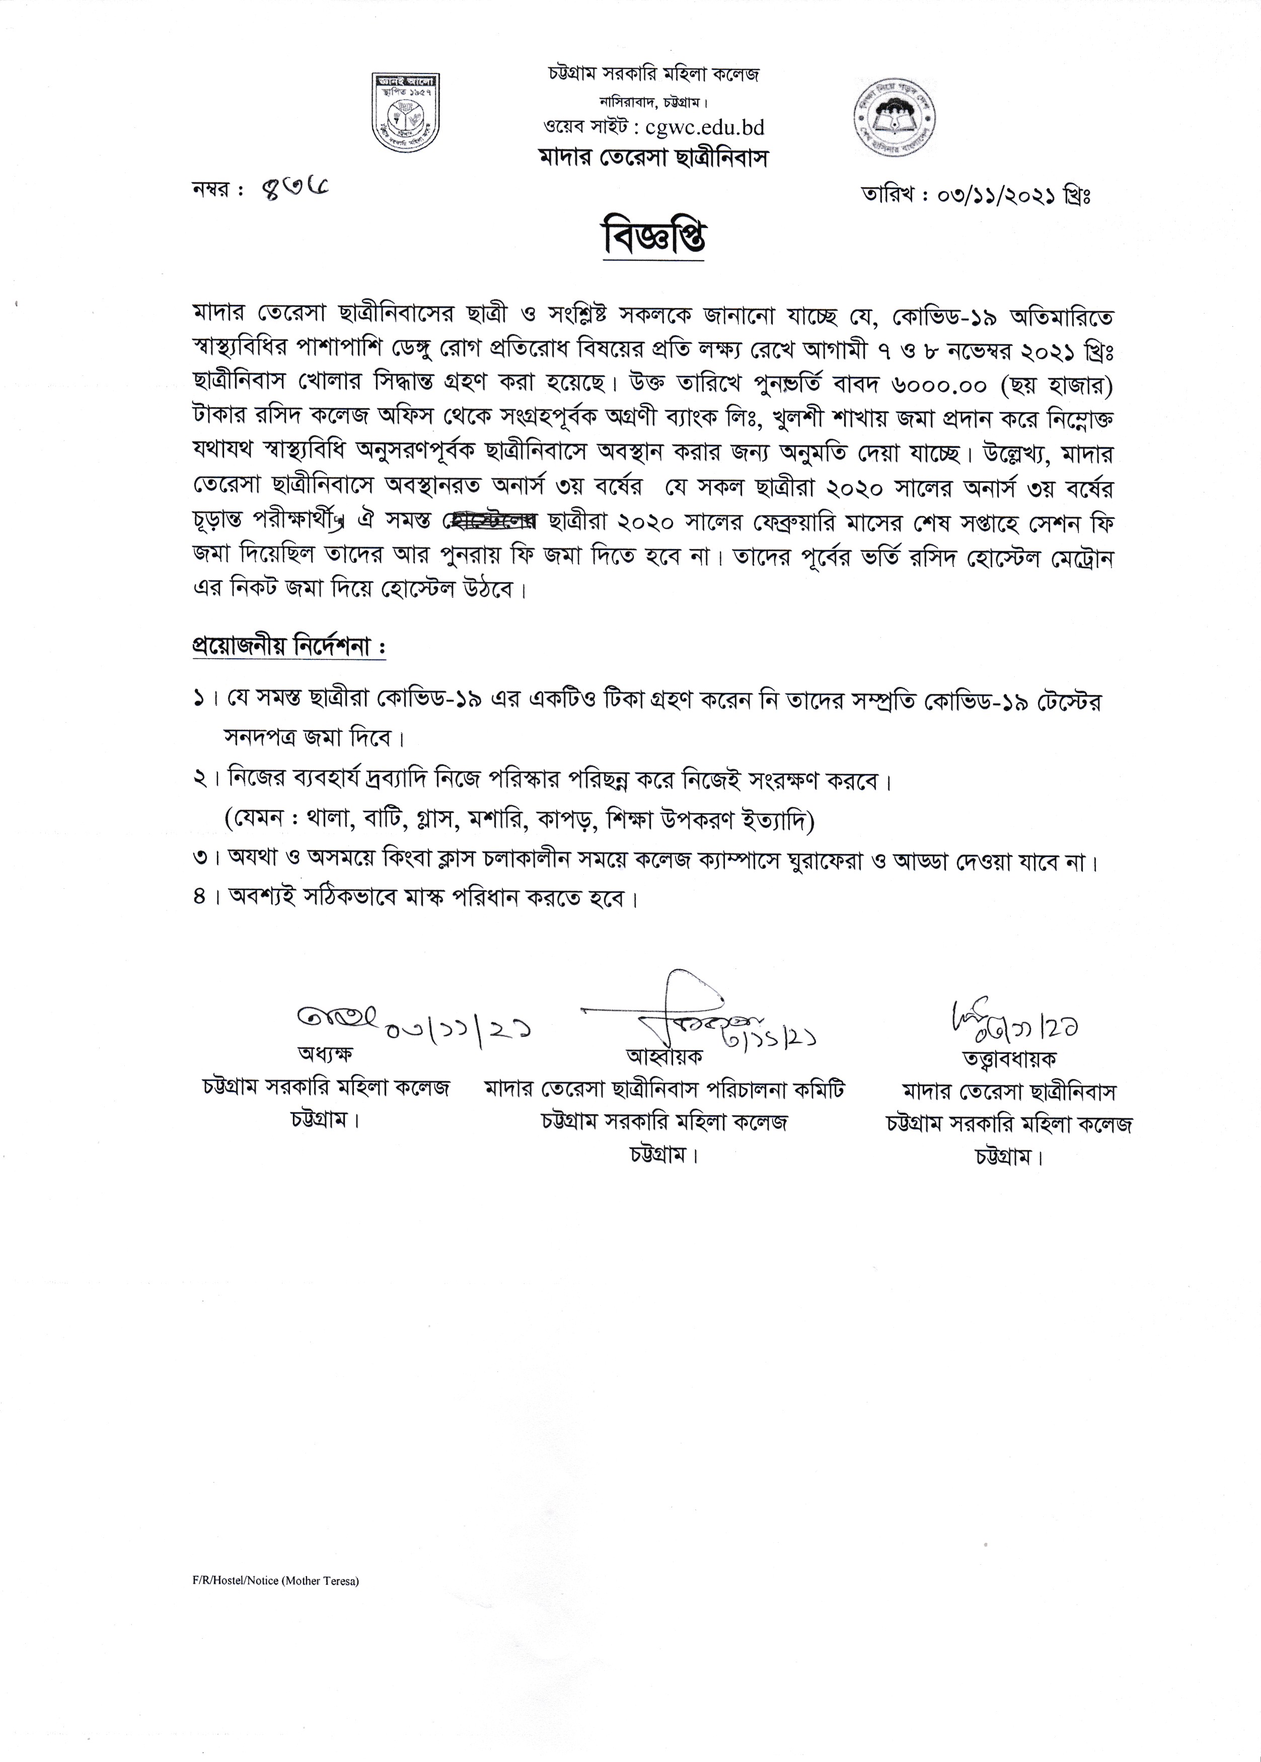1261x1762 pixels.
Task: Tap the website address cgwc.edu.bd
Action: pos(705,127)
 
